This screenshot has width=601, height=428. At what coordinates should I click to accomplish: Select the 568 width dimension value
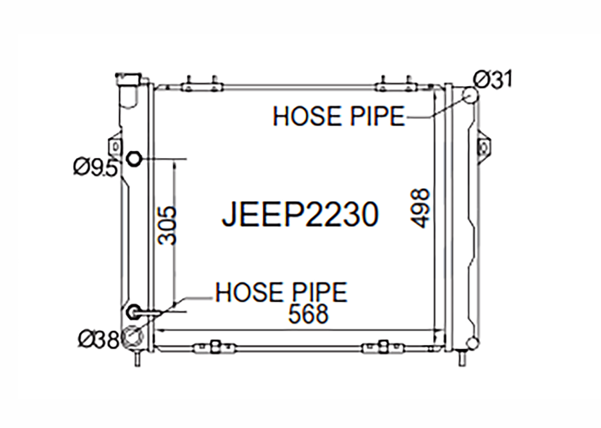(x=308, y=314)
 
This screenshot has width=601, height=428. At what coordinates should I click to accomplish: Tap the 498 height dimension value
(x=420, y=208)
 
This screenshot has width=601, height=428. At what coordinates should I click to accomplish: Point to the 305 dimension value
(x=167, y=225)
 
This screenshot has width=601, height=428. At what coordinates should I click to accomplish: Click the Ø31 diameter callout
(x=492, y=79)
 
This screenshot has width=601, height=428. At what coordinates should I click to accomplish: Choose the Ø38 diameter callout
(x=99, y=340)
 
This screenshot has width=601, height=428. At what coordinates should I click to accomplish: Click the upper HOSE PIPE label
(x=339, y=116)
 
